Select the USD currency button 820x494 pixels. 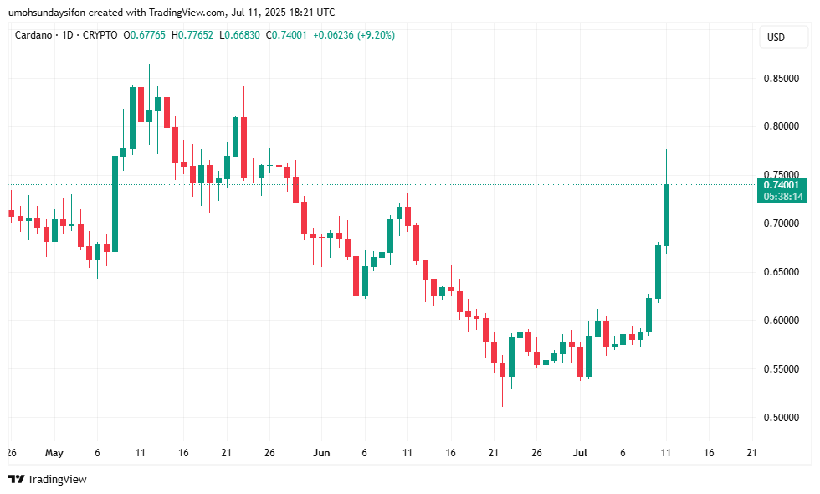[x=776, y=37]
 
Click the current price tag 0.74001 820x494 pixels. [x=782, y=184]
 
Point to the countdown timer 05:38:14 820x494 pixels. [x=782, y=197]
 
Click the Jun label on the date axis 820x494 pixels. [x=320, y=453]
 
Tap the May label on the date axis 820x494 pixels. [x=54, y=453]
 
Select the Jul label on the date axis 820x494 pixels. [x=579, y=453]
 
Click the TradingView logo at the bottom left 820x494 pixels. [x=48, y=480]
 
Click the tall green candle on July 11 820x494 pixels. [x=667, y=215]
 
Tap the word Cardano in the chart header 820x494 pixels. [x=34, y=35]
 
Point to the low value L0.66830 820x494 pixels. [x=241, y=35]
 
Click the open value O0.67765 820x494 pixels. [x=144, y=35]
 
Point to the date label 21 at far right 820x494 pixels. [x=751, y=453]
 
